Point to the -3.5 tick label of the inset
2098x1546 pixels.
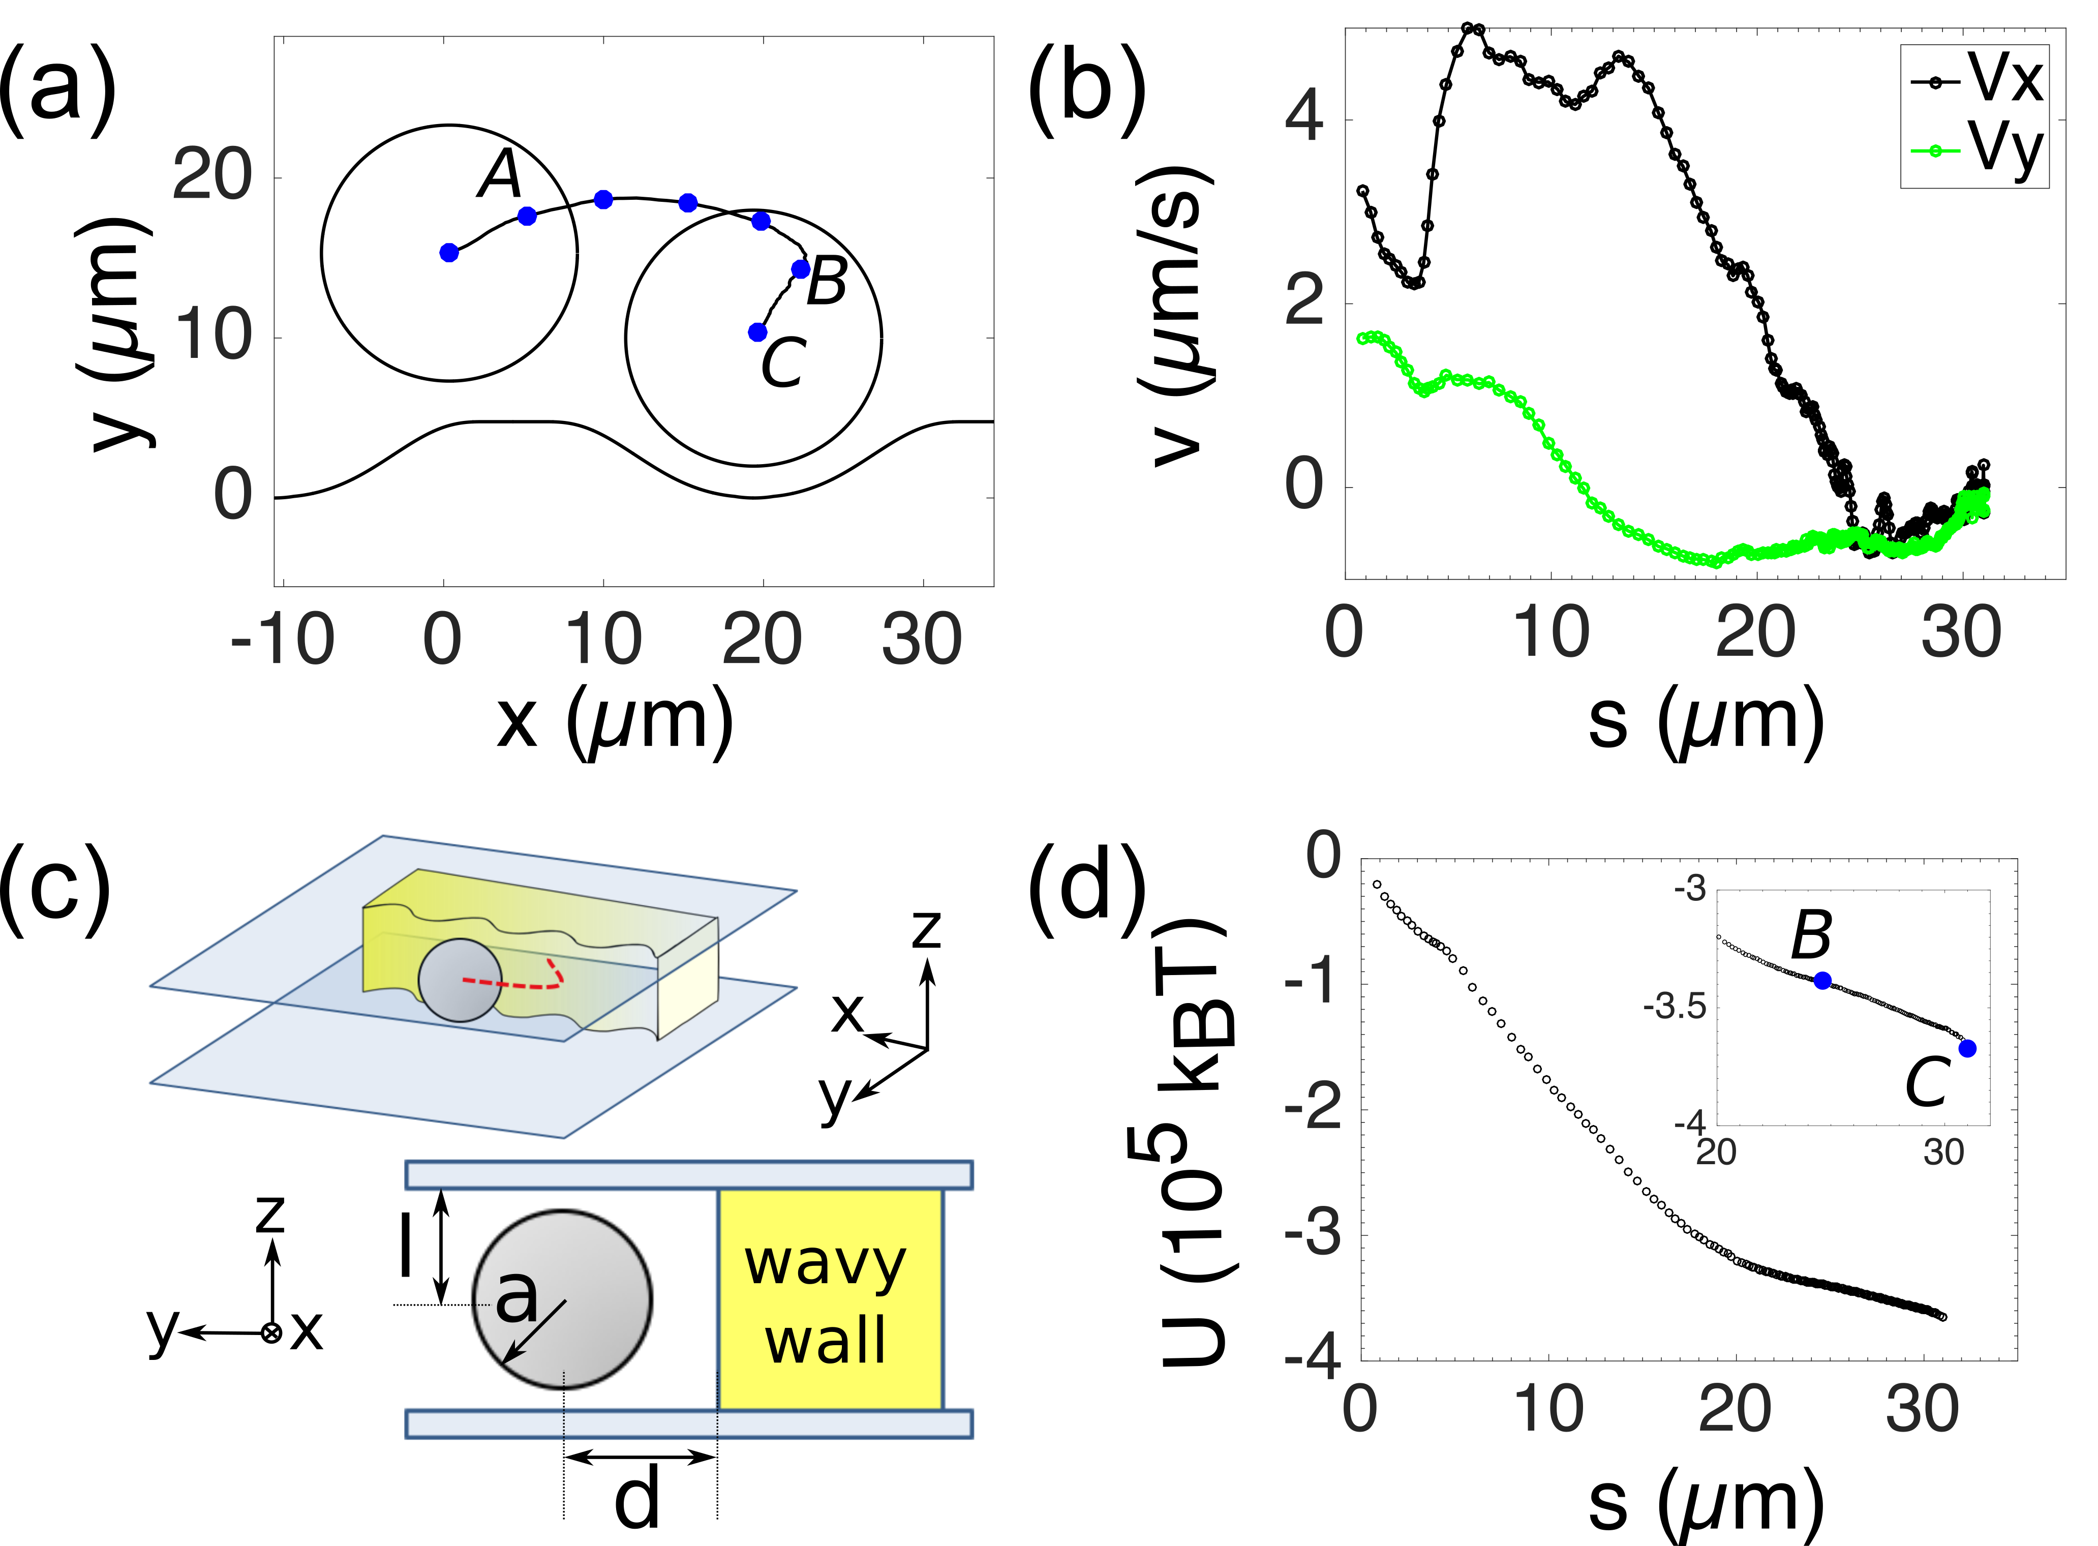point(1675,1008)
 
